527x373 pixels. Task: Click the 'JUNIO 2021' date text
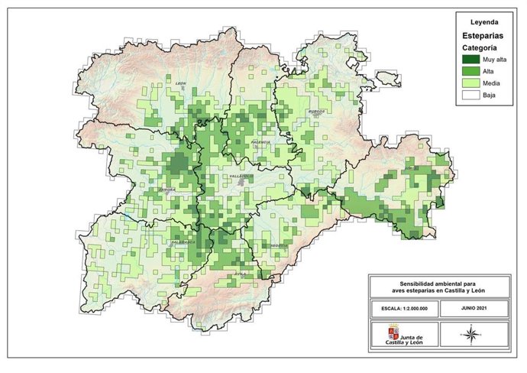(x=474, y=308)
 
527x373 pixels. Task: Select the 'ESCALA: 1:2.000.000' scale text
(x=404, y=308)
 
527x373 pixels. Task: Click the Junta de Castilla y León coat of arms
(x=394, y=333)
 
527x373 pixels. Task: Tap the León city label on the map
(x=181, y=83)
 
